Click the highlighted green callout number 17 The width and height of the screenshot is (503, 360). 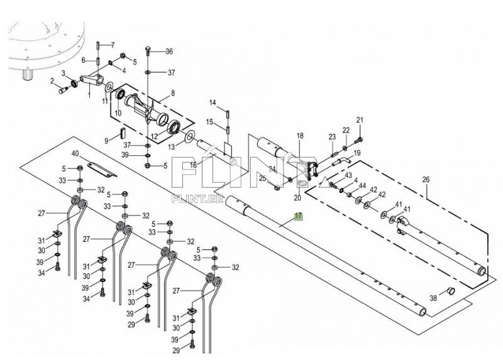299,216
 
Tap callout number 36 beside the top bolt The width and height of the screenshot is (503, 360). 169,52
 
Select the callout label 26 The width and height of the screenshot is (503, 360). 426,180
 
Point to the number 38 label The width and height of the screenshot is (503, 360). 433,298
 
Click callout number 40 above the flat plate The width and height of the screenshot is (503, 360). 75,154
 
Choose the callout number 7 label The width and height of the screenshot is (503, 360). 113,45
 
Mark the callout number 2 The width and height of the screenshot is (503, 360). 52,80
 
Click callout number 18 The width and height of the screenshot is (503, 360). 300,136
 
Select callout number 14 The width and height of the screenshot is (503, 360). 213,102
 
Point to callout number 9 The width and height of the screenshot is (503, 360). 107,139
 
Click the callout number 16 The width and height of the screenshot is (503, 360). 193,165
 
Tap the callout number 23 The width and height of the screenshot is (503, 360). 332,136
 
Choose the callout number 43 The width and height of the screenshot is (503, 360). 348,175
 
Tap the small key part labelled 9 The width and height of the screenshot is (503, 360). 124,133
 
